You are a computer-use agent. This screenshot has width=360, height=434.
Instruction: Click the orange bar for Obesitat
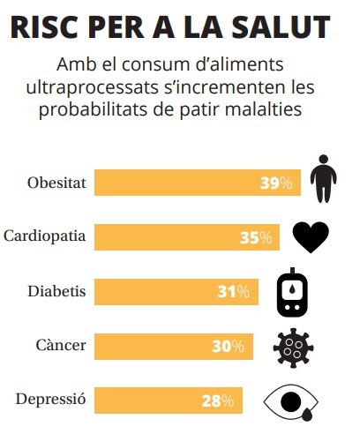(x=198, y=183)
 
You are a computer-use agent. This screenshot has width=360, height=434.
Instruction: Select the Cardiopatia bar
(x=187, y=237)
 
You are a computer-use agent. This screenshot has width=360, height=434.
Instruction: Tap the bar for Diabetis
(x=176, y=292)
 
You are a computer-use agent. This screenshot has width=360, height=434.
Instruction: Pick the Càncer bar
(x=174, y=347)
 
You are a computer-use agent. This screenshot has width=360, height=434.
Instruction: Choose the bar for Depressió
(x=169, y=400)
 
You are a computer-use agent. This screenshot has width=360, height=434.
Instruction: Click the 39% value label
(x=276, y=183)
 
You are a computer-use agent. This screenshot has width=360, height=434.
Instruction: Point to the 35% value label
(x=256, y=237)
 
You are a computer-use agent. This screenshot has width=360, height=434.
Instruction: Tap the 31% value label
(x=234, y=292)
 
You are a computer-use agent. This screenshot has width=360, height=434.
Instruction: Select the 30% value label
(x=228, y=347)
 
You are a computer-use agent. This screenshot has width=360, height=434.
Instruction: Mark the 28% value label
(x=218, y=400)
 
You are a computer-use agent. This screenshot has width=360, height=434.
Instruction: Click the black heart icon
(x=311, y=237)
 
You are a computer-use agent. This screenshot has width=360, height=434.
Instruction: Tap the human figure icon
(x=323, y=178)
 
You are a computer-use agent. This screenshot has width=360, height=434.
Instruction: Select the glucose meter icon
(x=292, y=292)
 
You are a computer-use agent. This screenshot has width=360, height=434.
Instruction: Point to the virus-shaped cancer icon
(x=293, y=348)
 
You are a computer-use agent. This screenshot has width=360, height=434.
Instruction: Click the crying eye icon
(x=291, y=402)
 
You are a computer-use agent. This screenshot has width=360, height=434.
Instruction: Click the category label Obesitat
(x=56, y=183)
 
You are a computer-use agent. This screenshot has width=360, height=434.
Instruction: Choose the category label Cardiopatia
(x=45, y=236)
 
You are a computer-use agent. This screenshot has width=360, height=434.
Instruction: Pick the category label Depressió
(x=51, y=400)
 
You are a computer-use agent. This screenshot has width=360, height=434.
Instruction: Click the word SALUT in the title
(x=281, y=26)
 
